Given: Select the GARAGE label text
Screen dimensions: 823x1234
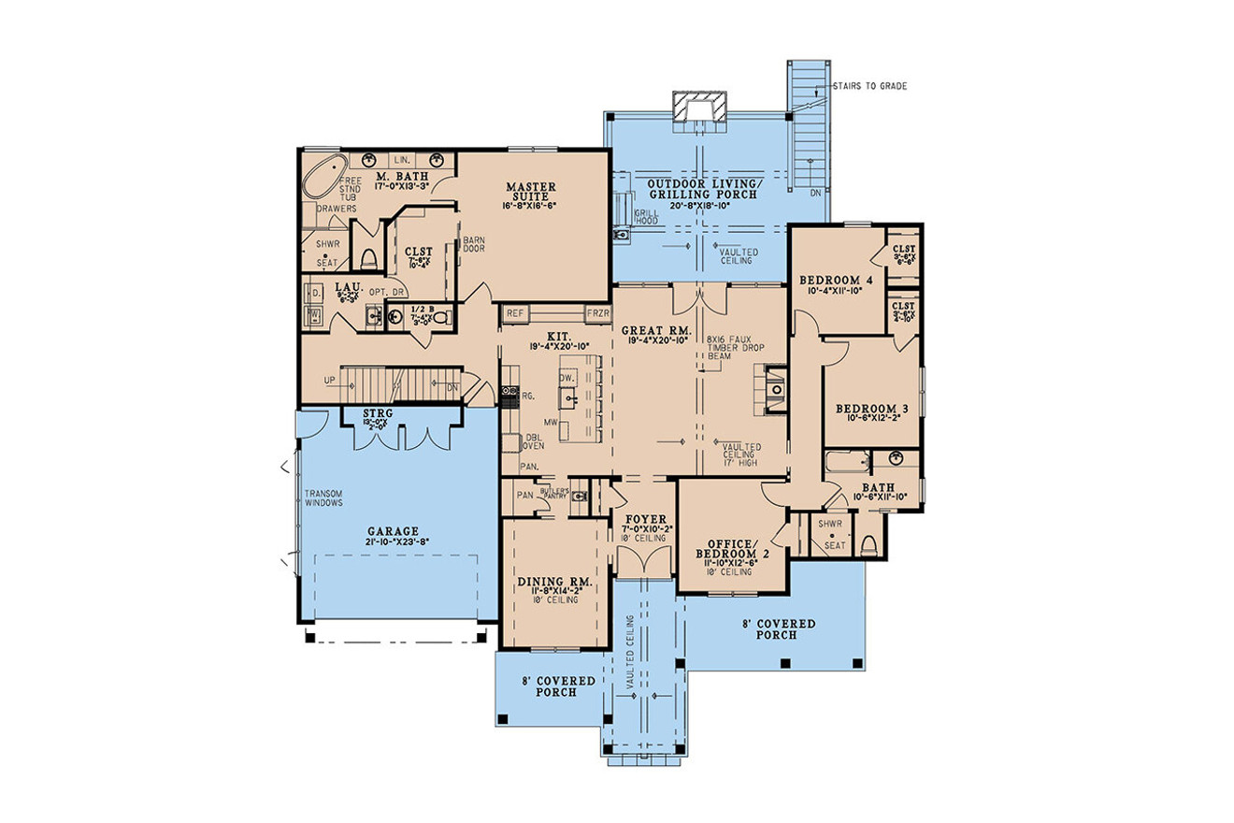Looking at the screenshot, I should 392,529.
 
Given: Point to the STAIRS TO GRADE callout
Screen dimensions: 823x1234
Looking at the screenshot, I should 867,86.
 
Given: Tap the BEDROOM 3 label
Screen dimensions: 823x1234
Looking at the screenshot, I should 867,410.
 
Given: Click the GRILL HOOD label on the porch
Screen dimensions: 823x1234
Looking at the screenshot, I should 646,217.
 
